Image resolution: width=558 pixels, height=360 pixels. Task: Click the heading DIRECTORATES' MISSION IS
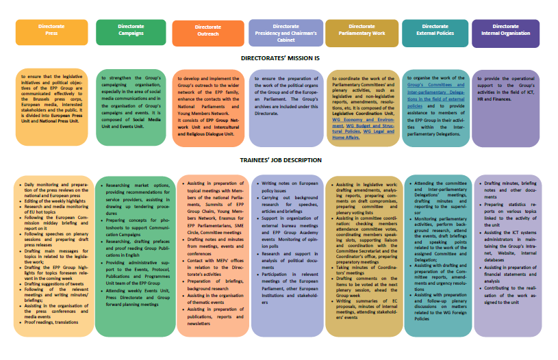point(280,59)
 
